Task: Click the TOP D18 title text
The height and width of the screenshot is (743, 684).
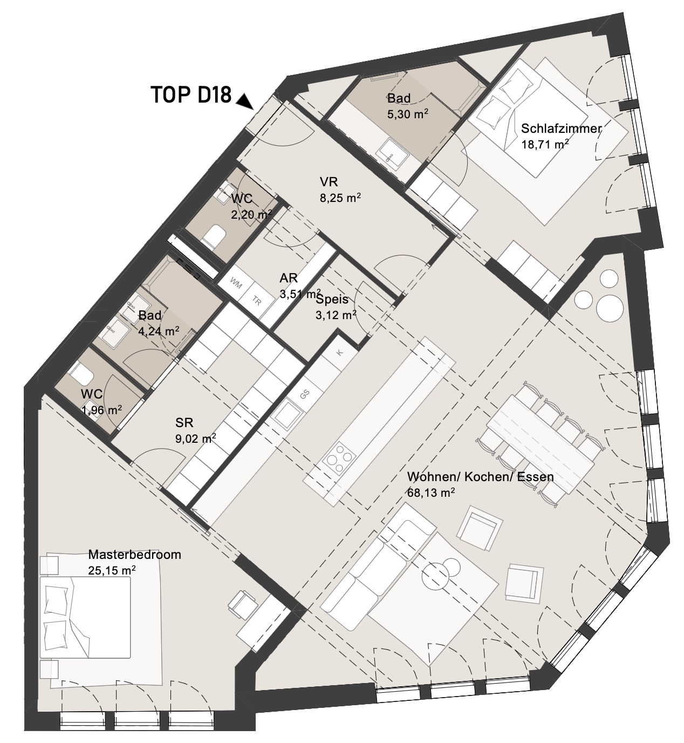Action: pos(191,95)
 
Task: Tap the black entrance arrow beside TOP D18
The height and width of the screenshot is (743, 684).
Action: pos(245,101)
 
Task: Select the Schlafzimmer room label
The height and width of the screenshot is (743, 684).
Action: pos(561,129)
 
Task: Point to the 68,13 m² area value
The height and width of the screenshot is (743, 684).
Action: pos(431,492)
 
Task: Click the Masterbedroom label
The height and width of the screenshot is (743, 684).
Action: pos(135,555)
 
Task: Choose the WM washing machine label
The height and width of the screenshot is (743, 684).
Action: pos(236,284)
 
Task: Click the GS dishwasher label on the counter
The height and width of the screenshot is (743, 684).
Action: pos(305,394)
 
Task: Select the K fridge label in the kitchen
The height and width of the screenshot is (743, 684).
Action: pos(340,353)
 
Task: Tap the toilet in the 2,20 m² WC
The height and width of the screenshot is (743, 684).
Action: pos(214,237)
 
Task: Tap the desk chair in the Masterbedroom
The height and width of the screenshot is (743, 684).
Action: pos(242,604)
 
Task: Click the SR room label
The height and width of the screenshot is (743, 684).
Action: pos(184,423)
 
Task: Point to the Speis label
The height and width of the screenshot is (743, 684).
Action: pos(332,299)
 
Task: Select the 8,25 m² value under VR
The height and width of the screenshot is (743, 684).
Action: pos(340,198)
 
